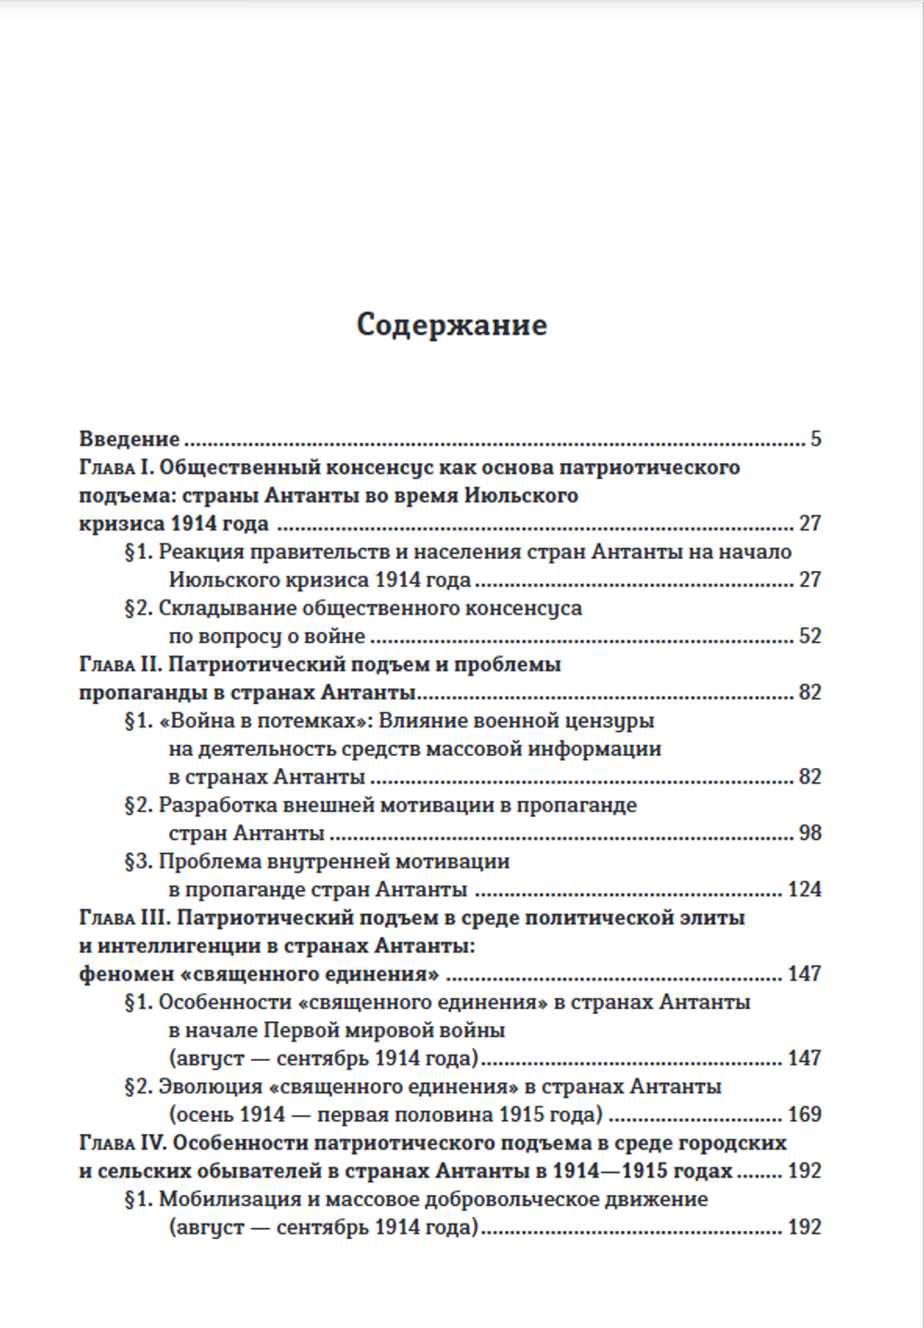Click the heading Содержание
[x=451, y=325]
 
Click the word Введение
[x=129, y=439]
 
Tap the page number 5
[x=816, y=439]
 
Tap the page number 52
[x=809, y=636]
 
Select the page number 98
[x=809, y=833]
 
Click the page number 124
[x=804, y=889]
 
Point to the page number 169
[x=804, y=1115]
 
